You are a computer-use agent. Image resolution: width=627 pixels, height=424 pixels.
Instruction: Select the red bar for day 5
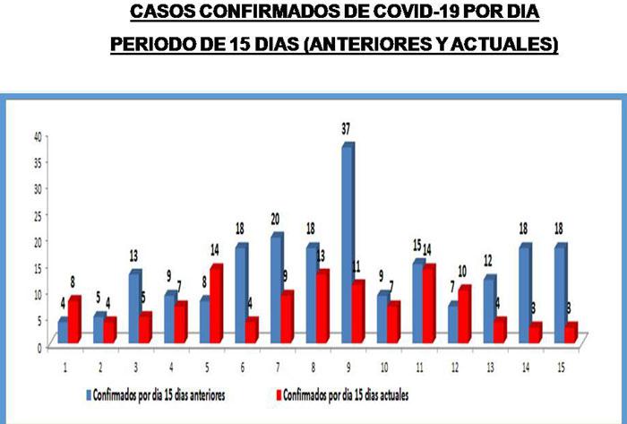[x=215, y=305]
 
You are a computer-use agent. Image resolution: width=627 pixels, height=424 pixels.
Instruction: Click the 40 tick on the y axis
[x=38, y=136]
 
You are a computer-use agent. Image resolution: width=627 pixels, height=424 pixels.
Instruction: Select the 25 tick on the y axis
[x=38, y=215]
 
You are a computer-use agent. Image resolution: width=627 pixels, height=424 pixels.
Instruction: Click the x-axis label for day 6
[x=240, y=367]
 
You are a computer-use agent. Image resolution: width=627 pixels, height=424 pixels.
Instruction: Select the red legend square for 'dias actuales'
[x=279, y=395]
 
